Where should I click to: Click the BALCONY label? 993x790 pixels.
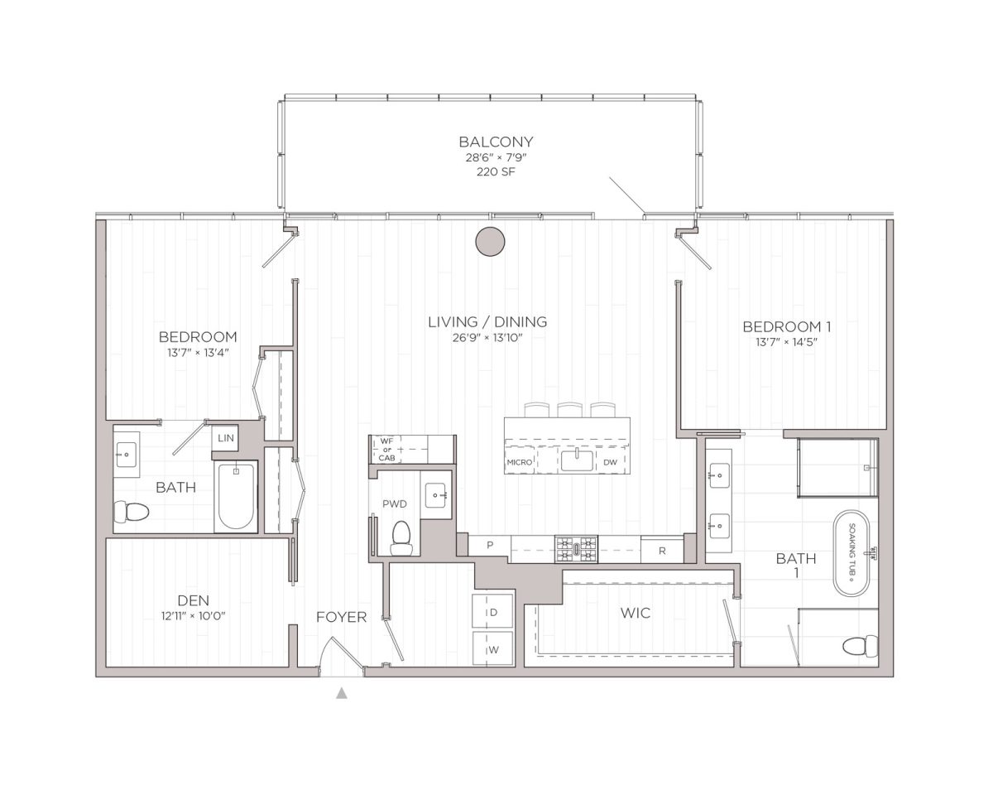pyautogui.click(x=496, y=142)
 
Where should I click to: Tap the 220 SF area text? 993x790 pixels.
pyautogui.click(x=496, y=172)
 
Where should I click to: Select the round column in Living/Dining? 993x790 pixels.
pyautogui.click(x=490, y=241)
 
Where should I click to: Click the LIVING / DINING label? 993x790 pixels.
pyautogui.click(x=487, y=321)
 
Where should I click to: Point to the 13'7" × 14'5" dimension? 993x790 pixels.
pyautogui.click(x=786, y=341)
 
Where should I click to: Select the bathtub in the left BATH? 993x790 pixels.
pyautogui.click(x=237, y=497)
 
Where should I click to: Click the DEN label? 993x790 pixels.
pyautogui.click(x=192, y=600)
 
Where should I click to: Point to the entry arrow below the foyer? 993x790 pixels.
pyautogui.click(x=341, y=693)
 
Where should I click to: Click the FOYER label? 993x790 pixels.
pyautogui.click(x=341, y=617)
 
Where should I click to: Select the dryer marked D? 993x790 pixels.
pyautogui.click(x=493, y=613)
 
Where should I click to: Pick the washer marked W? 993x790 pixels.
pyautogui.click(x=493, y=649)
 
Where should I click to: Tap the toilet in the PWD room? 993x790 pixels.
pyautogui.click(x=401, y=537)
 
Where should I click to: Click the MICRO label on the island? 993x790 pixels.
pyautogui.click(x=519, y=462)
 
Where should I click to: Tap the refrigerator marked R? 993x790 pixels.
pyautogui.click(x=663, y=549)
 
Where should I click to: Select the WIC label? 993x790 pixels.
pyautogui.click(x=635, y=613)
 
